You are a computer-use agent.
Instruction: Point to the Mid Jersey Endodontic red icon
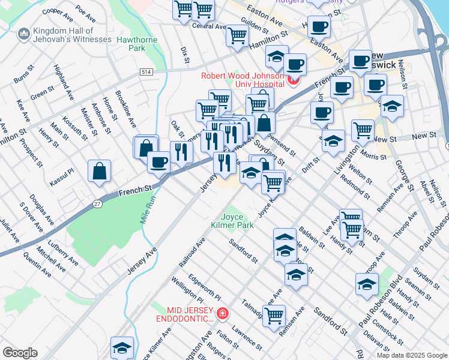point(223,313)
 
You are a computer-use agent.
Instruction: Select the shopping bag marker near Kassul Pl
point(99,171)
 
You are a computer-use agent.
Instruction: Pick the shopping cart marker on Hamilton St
point(237,35)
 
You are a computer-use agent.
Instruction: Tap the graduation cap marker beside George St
point(392,107)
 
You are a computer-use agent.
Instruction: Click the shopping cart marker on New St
point(363,130)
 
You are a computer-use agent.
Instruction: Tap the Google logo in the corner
point(20,353)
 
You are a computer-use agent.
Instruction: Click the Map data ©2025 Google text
point(412,355)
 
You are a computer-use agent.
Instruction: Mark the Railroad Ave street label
point(191,253)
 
